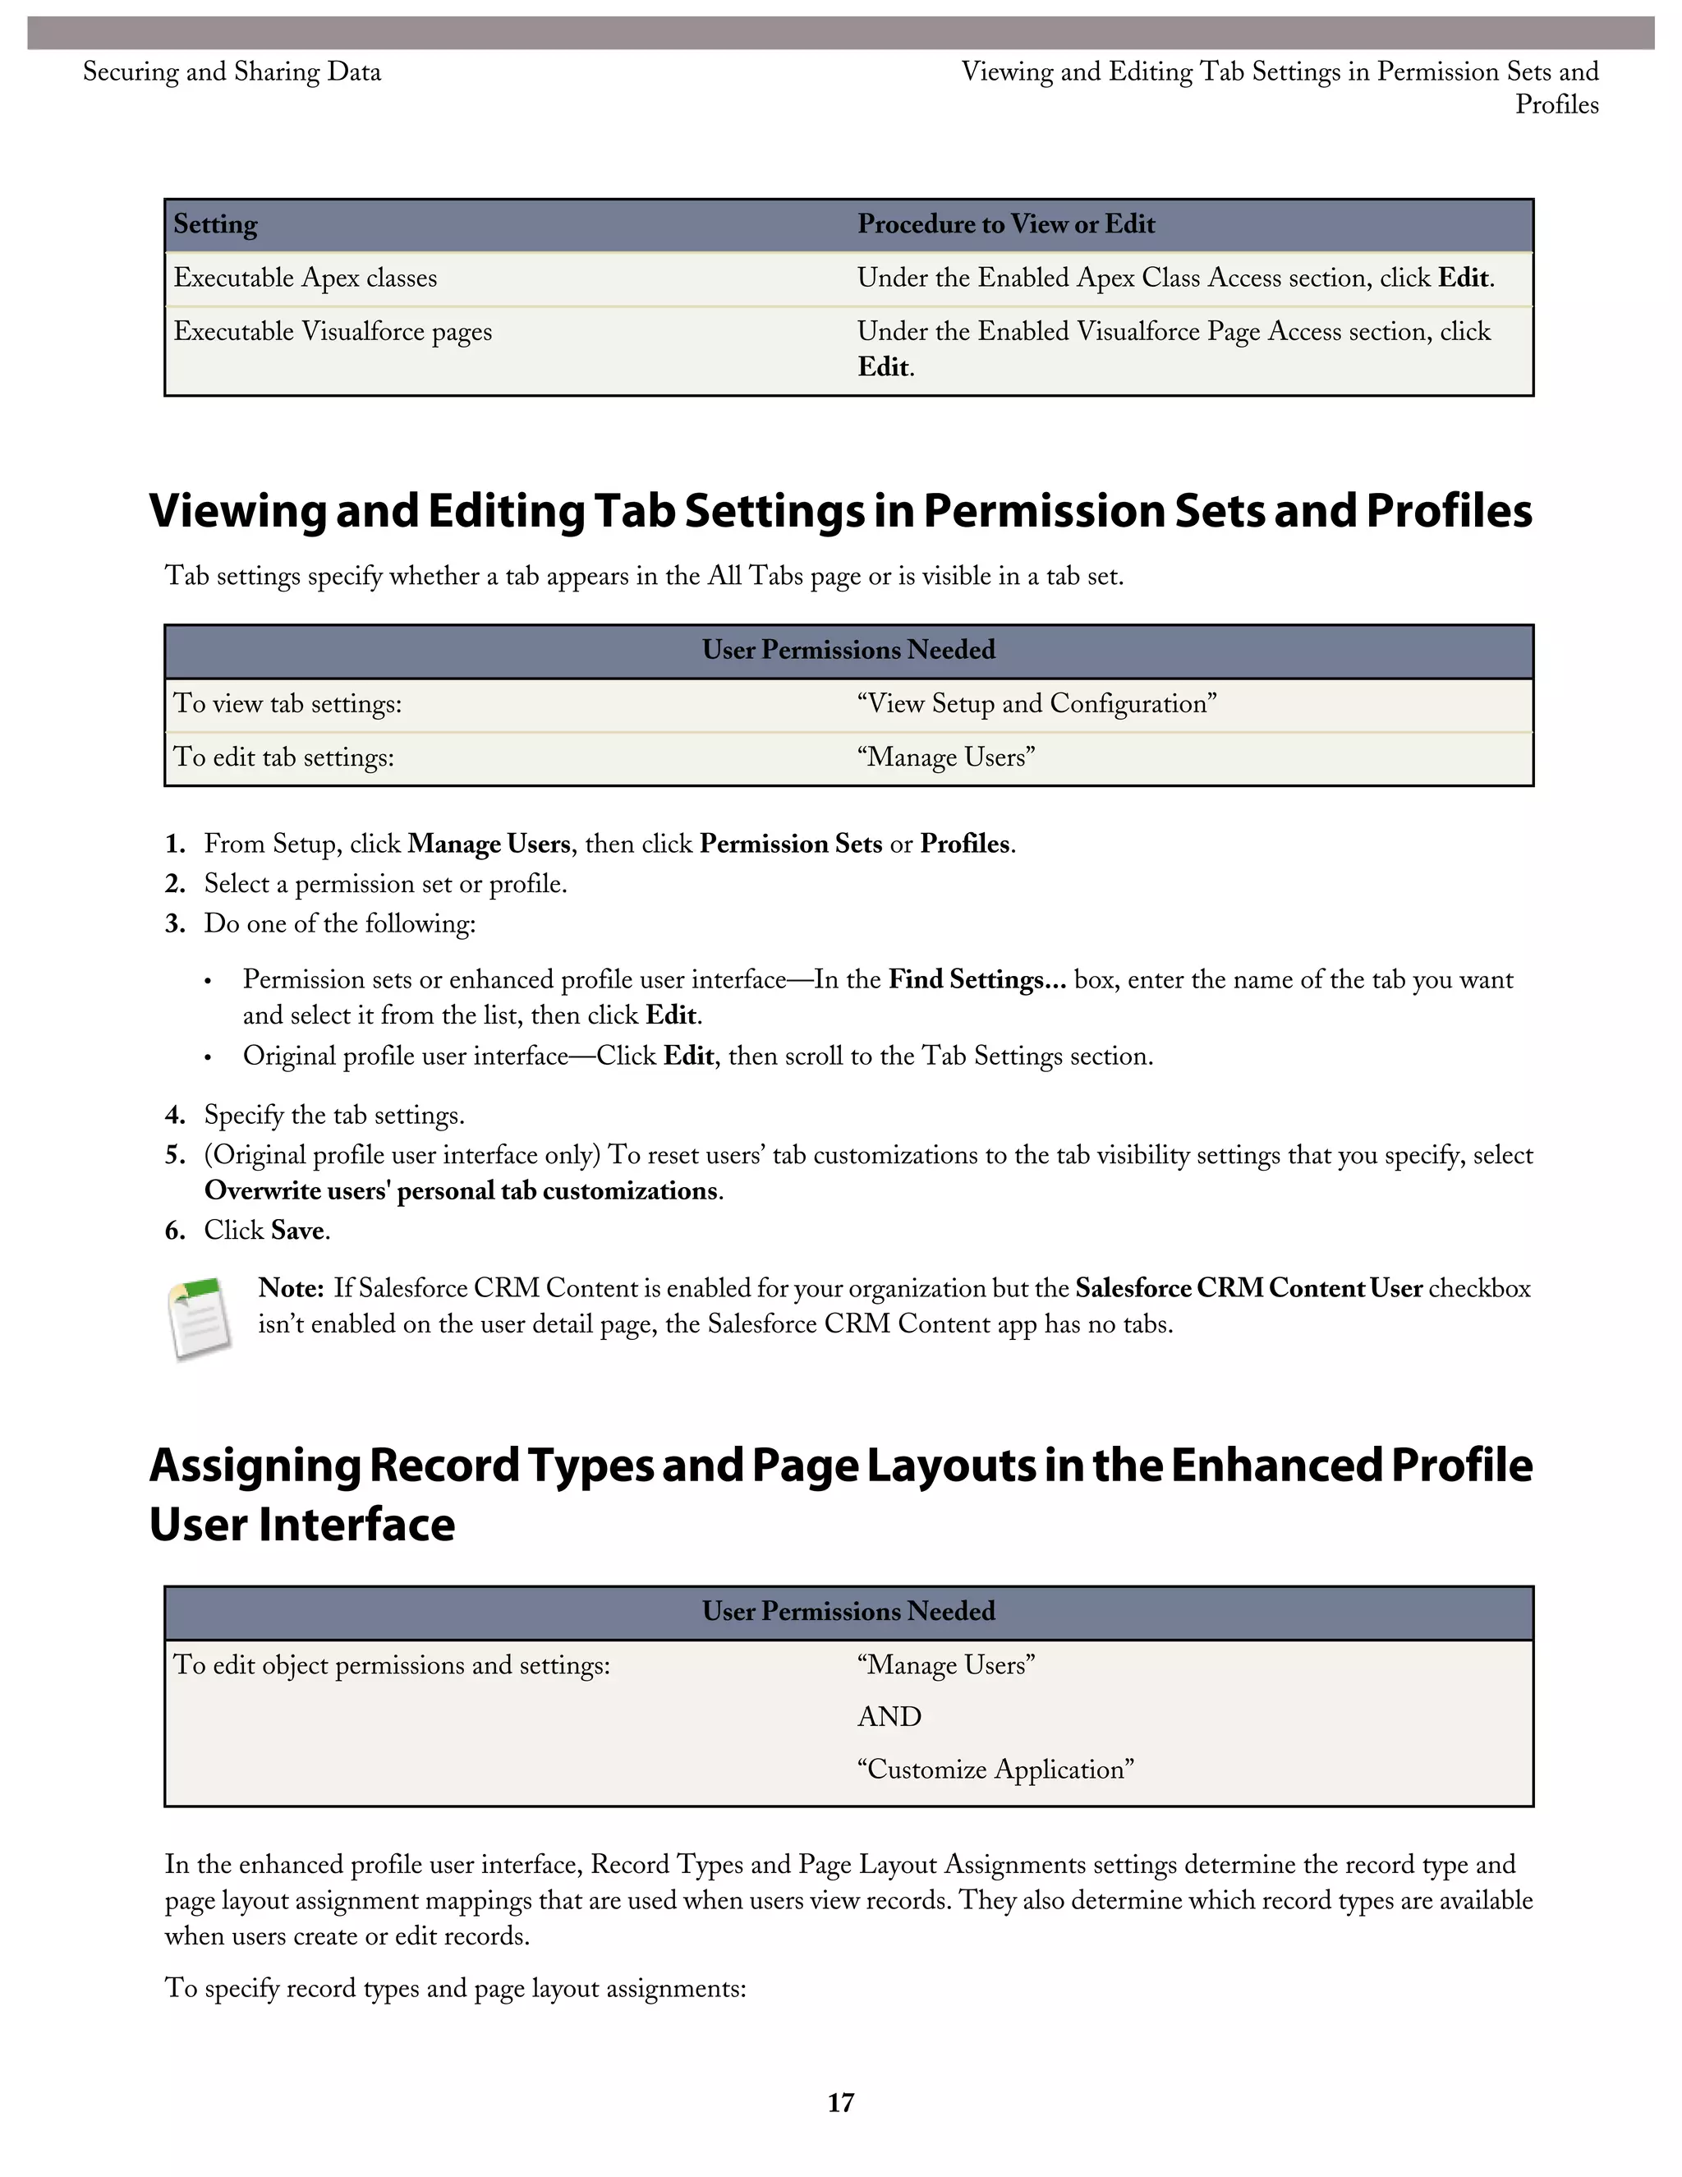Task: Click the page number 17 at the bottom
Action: (840, 2102)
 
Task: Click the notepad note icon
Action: (200, 1318)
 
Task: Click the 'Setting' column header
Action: (215, 224)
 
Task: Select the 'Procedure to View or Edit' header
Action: (1005, 224)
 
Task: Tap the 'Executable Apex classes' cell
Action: (305, 278)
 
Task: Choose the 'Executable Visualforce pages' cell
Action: (333, 332)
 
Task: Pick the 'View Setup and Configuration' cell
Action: (1036, 704)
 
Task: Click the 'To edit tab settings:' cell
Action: (284, 757)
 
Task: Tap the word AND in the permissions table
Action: (889, 1716)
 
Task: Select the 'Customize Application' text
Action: (995, 1770)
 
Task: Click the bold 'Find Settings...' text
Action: (977, 980)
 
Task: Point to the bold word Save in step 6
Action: (297, 1231)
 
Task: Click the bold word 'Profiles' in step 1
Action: (964, 845)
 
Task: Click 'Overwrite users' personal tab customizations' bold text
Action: (461, 1191)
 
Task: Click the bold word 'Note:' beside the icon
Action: (290, 1288)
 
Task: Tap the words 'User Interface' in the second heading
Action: (302, 1524)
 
